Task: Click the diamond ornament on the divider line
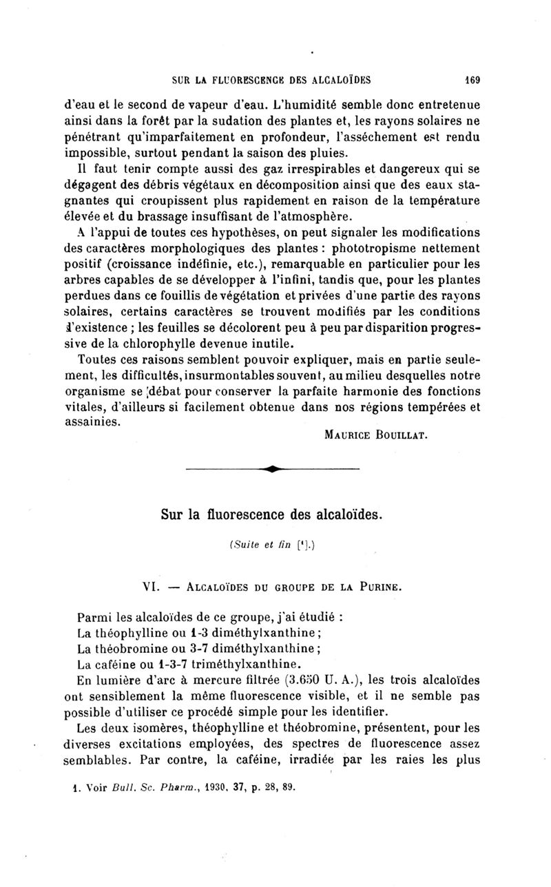pyautogui.click(x=273, y=470)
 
